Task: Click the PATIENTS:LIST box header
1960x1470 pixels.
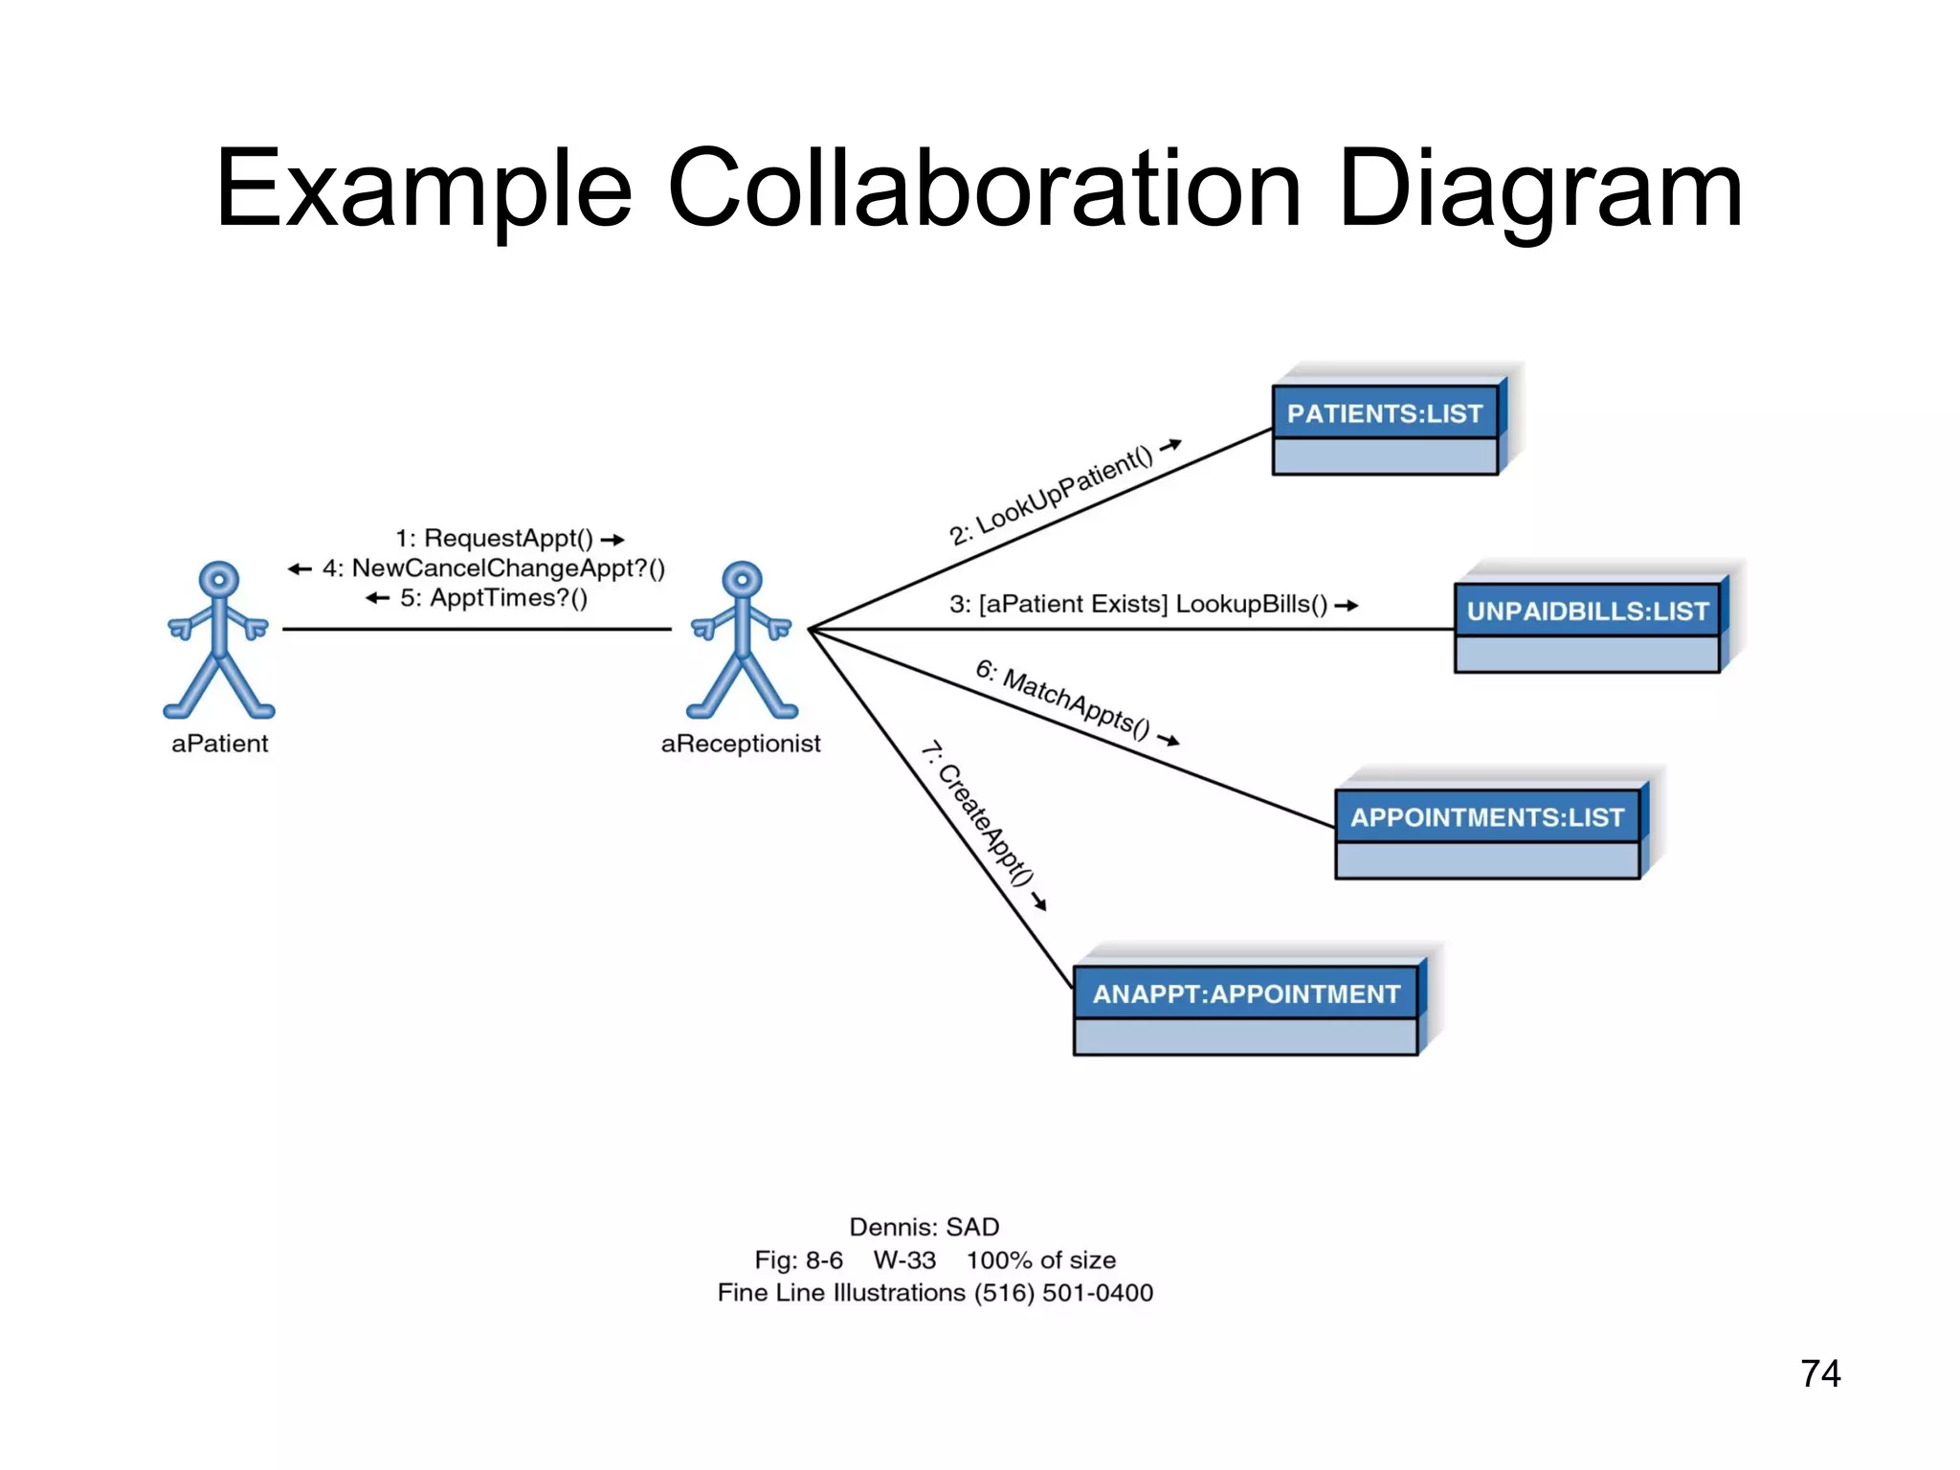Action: coord(1384,413)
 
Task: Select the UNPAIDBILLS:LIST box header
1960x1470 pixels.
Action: coord(1587,611)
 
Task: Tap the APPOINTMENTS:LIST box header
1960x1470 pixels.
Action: coord(1486,817)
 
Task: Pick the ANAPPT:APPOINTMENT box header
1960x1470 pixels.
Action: coord(1245,994)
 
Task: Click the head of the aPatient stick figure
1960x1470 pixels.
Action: coord(219,580)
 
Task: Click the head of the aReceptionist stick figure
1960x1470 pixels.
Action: coord(742,580)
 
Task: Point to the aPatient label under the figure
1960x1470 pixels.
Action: coord(219,744)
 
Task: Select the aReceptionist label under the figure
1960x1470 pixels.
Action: coord(741,744)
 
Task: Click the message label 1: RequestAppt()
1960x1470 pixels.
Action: coord(494,538)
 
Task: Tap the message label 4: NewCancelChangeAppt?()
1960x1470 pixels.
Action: coord(494,568)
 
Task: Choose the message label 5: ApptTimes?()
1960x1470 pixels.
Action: coord(494,598)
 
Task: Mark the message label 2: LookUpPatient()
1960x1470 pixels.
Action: coord(1051,496)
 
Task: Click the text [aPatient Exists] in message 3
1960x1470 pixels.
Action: coord(1073,605)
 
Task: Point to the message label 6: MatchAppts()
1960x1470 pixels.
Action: coord(1062,700)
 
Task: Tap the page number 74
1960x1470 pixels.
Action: coord(1819,1374)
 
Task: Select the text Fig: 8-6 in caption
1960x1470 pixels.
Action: coord(798,1260)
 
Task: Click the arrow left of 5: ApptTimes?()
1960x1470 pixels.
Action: coord(378,599)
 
